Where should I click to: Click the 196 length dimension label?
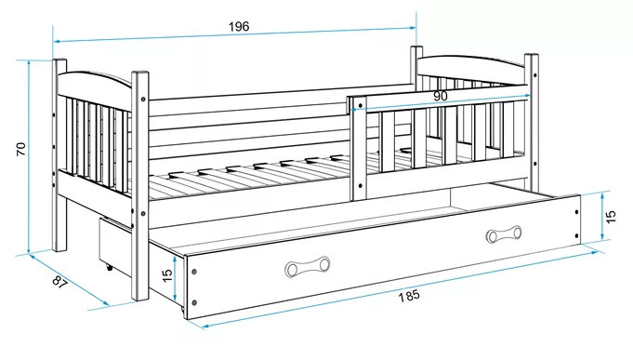[x=239, y=27]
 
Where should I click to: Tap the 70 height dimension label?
[x=20, y=149]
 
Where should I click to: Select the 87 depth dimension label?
[x=59, y=281]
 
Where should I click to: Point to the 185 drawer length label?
[x=409, y=296]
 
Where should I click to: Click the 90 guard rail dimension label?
[x=441, y=96]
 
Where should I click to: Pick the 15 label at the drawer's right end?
[x=611, y=217]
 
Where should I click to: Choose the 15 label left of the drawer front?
[x=166, y=275]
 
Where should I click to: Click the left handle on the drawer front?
[x=308, y=267]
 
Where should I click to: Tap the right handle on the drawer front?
[x=504, y=234]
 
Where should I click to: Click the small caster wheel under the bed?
[x=108, y=267]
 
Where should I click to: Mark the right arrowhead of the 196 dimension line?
[x=413, y=28]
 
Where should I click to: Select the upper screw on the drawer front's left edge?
[x=194, y=272]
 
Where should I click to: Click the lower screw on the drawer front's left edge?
[x=194, y=302]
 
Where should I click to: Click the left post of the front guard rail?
[x=359, y=149]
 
